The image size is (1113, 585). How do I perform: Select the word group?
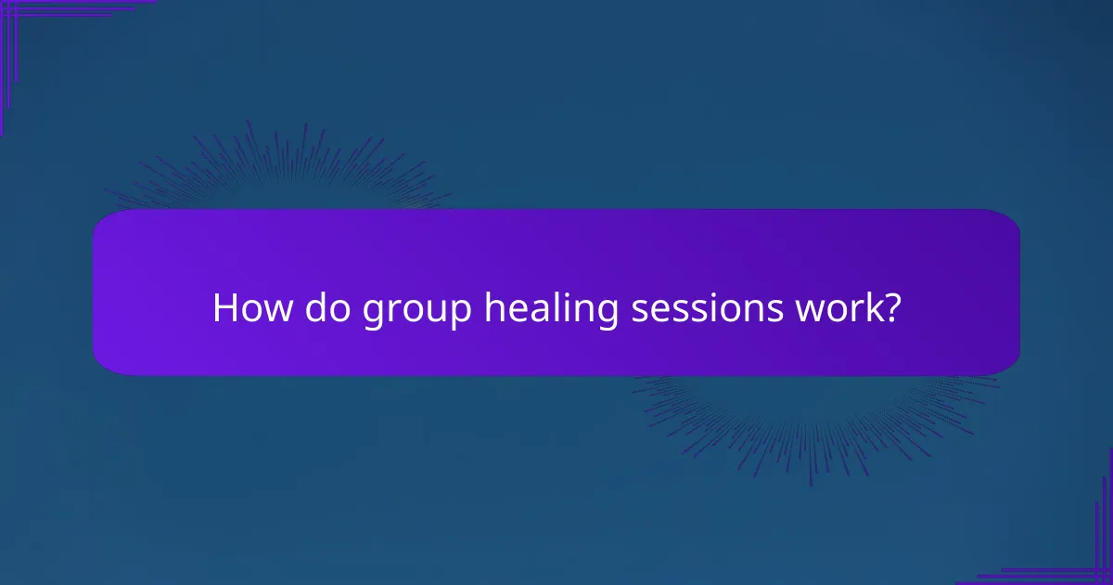pos(416,311)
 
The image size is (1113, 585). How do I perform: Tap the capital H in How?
pos(225,308)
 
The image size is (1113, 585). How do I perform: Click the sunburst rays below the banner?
pos(816,418)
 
